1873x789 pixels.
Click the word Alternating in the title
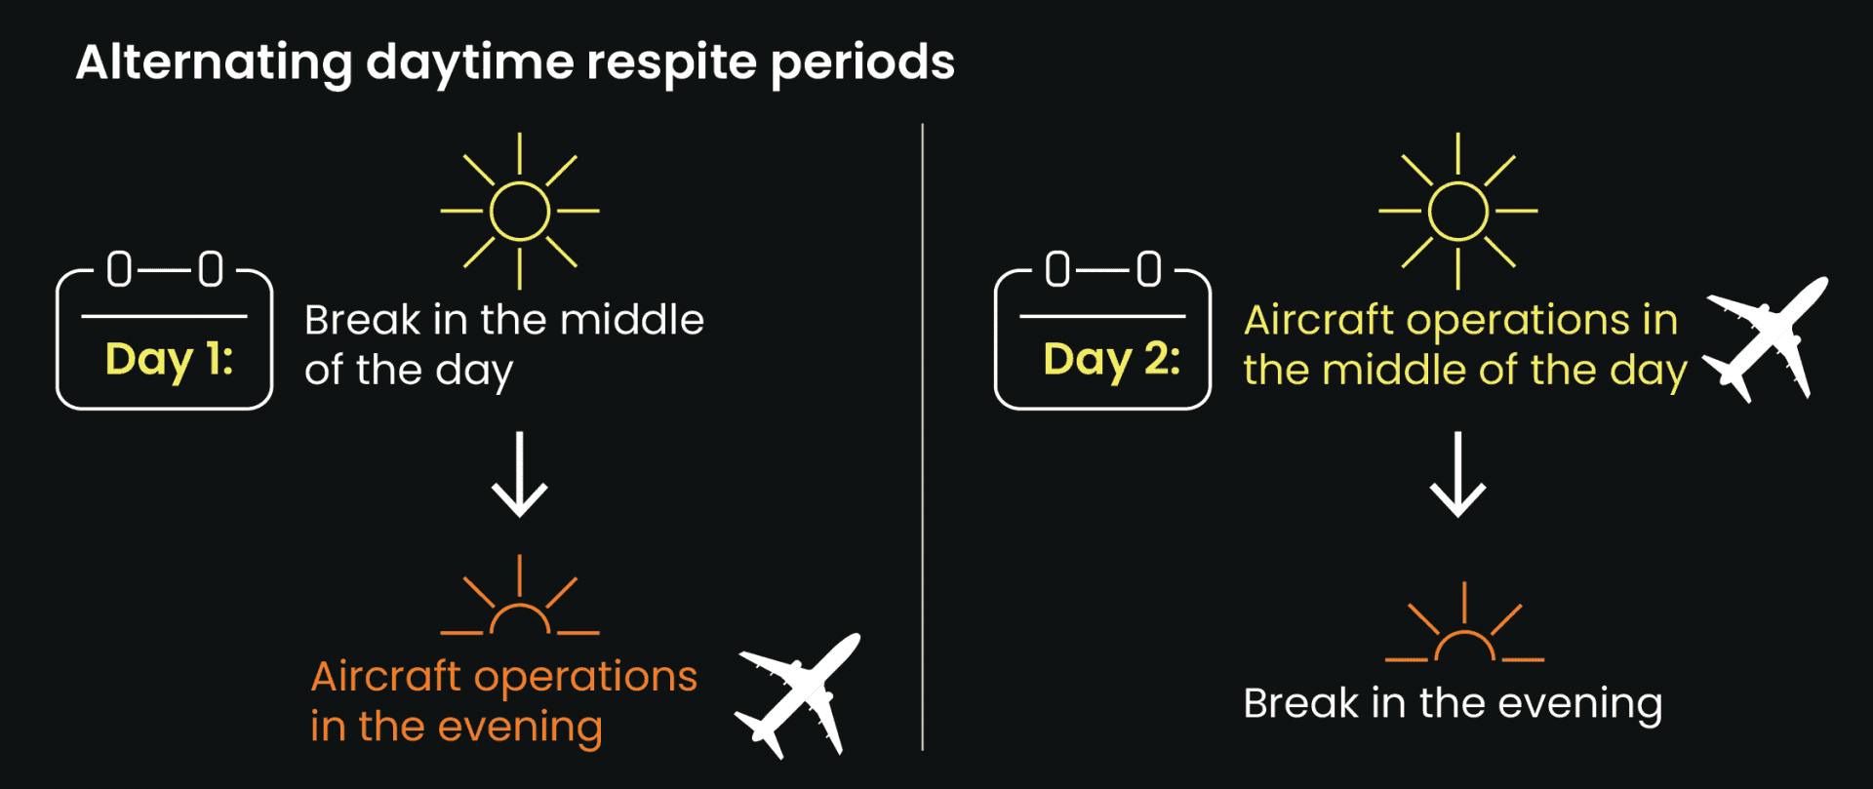214,62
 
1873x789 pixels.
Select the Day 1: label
169,360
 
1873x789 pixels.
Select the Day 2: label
1111,360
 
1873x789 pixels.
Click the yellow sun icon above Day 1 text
519,211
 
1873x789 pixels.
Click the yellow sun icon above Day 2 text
1457,211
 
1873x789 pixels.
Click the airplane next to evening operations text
799,694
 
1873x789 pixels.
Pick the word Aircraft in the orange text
385,676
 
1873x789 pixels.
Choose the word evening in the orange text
520,728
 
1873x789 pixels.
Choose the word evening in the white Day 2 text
1579,704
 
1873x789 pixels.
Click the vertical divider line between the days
922,439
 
